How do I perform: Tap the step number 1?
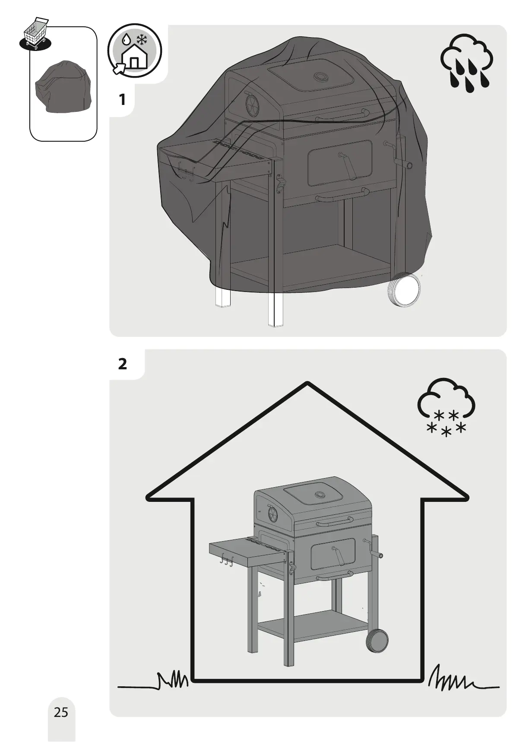[x=122, y=100]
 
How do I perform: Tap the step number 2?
[x=123, y=364]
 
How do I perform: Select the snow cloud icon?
[x=447, y=407]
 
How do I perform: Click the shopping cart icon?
[x=35, y=34]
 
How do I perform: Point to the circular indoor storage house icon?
[x=134, y=51]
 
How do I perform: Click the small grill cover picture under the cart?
[x=63, y=88]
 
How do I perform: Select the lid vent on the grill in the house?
[x=320, y=495]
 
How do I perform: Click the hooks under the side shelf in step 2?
[x=226, y=561]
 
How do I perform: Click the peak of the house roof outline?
[x=307, y=383]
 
